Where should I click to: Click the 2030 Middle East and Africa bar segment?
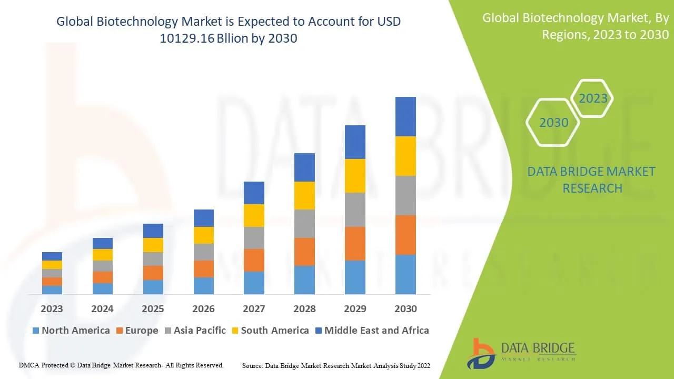[405, 116]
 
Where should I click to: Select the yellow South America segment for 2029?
[355, 176]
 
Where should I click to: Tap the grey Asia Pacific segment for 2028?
[304, 224]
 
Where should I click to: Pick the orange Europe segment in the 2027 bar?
[254, 260]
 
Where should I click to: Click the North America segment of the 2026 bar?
[204, 285]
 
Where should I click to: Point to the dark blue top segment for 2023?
[52, 256]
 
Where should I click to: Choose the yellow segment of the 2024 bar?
[103, 255]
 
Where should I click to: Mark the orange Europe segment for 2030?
[405, 235]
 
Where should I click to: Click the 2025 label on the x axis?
[153, 309]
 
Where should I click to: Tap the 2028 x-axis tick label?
[304, 309]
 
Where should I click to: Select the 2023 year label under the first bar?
[52, 309]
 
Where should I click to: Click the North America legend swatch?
[36, 331]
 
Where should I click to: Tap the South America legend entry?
[274, 331]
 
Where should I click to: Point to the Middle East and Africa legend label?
[376, 331]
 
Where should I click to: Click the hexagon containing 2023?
[593, 98]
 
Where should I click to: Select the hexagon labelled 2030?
[554, 123]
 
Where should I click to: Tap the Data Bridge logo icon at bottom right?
[481, 353]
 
